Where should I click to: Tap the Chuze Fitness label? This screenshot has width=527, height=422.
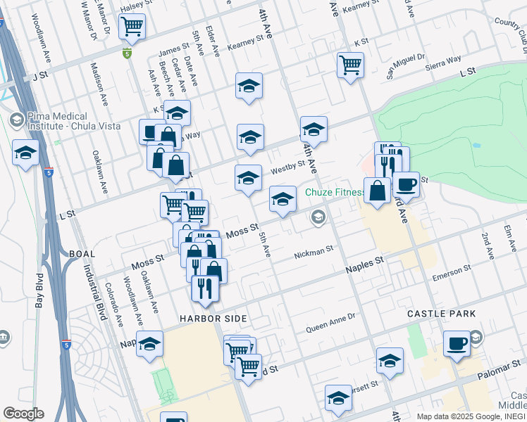[x=335, y=192]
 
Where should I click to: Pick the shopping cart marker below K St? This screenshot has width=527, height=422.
[x=350, y=65]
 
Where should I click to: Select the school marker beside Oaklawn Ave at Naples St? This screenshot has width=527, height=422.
[x=149, y=345]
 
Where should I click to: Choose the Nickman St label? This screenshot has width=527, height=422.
[x=314, y=251]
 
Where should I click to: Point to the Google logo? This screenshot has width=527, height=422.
[x=23, y=414]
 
